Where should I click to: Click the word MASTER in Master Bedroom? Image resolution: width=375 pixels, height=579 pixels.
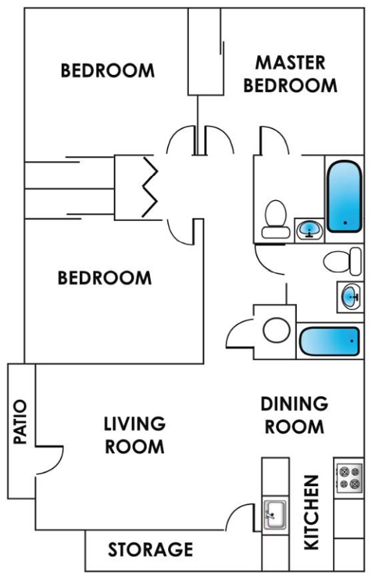tap(290, 62)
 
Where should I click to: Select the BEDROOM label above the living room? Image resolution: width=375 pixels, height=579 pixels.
tap(105, 277)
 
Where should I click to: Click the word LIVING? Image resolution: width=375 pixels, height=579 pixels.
tap(135, 424)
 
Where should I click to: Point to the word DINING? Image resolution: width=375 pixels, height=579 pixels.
tap(293, 404)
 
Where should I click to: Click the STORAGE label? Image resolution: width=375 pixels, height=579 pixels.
tap(150, 549)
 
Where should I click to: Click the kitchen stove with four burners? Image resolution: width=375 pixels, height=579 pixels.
tap(348, 477)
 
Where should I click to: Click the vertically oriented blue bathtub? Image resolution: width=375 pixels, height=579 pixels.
tap(342, 196)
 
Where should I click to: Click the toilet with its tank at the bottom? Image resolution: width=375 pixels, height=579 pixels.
tap(275, 219)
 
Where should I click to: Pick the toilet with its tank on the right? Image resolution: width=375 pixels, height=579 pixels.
tap(344, 261)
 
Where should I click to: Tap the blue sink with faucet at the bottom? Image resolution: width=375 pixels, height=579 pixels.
tap(309, 229)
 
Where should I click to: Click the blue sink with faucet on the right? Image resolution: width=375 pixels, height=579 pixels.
tap(349, 296)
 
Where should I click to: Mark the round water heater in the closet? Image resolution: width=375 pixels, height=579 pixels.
tap(276, 330)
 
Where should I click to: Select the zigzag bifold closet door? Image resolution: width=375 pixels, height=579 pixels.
tap(149, 187)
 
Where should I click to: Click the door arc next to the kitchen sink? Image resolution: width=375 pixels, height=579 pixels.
tap(243, 516)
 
